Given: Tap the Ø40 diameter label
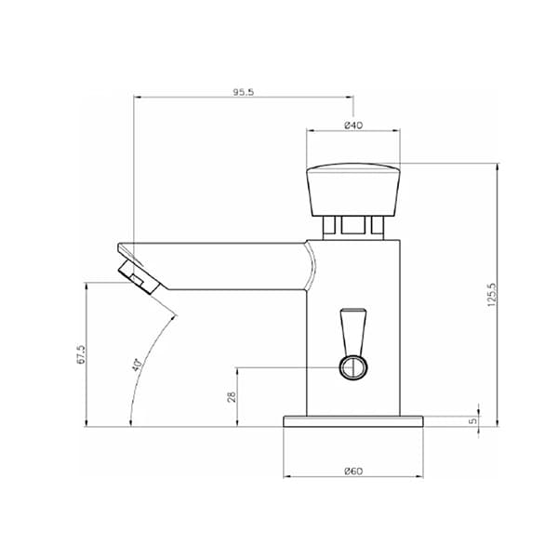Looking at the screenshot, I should point(353,126).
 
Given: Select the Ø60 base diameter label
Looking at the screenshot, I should point(353,472).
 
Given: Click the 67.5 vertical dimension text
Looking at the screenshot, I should point(81,355).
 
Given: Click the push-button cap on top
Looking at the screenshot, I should point(353,186).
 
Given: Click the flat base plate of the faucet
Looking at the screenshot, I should point(353,420).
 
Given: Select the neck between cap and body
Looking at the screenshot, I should point(353,224).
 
